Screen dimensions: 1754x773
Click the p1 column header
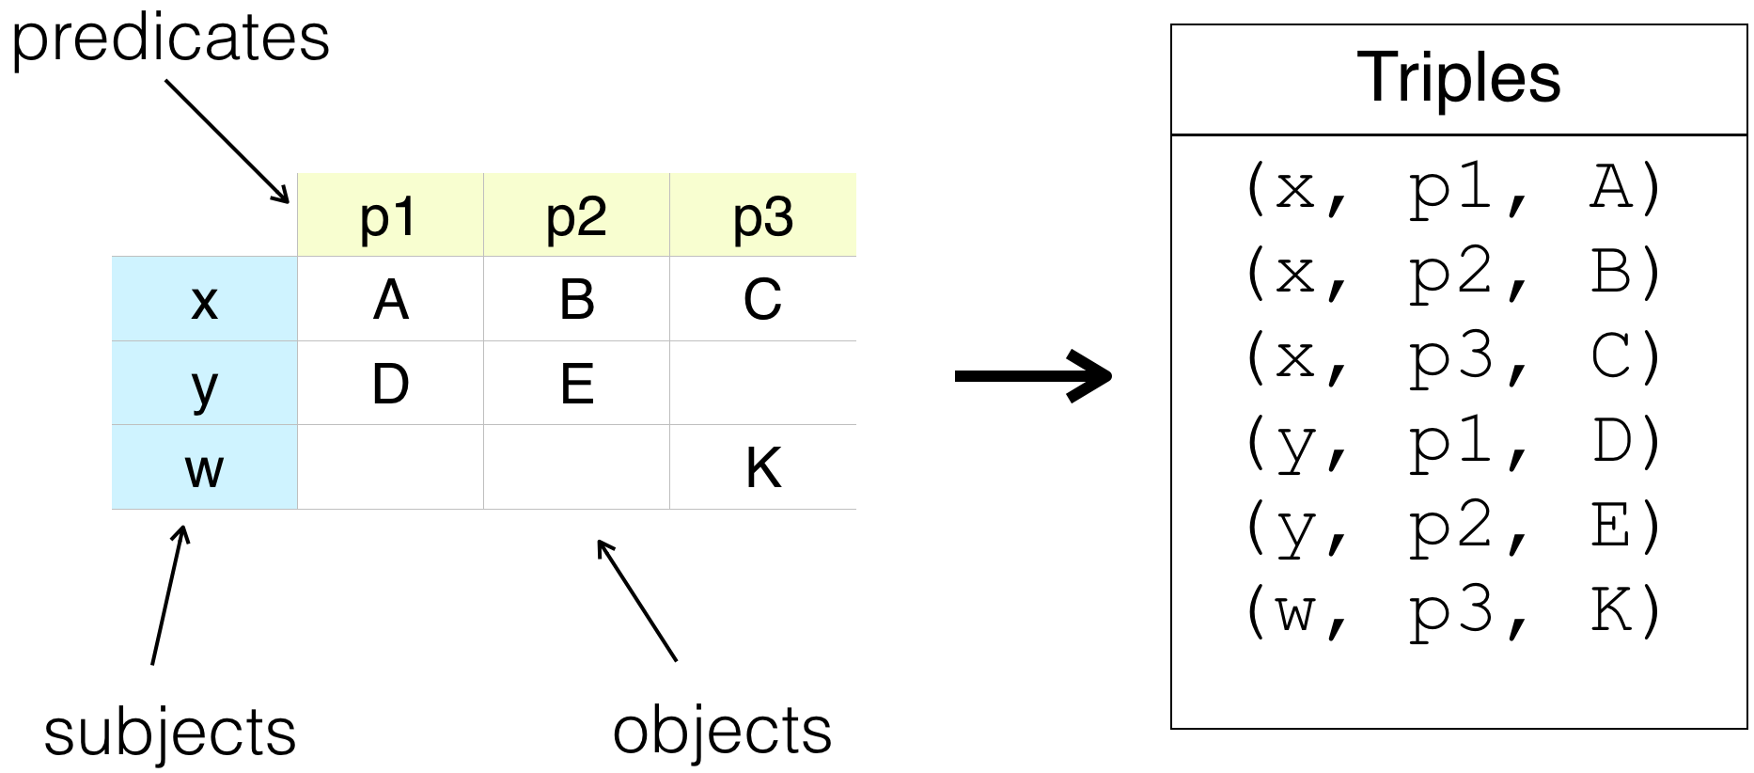390,214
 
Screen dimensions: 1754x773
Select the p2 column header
576,214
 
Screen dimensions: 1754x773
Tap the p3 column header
763,214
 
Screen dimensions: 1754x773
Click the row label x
204,299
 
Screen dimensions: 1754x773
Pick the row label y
204,383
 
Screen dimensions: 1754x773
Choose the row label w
204,467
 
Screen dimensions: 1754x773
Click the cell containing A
390,299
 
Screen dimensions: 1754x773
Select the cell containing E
576,383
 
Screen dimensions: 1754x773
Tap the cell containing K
763,467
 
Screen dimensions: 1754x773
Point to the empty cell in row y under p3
763,383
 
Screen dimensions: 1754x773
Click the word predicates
170,39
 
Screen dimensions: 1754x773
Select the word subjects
169,733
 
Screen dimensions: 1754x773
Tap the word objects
722,731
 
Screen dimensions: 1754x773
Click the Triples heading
1459,77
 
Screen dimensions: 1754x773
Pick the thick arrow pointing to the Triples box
1033,376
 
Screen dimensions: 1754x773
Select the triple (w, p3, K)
1453,611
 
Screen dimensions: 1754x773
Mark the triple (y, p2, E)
1453,527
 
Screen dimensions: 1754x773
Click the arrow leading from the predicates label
227,141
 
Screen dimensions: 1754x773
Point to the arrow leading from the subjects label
169,594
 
